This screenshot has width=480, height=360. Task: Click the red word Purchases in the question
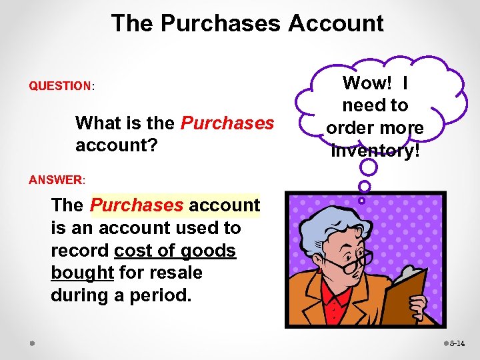227,123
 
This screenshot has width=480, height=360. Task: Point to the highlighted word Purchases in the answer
137,205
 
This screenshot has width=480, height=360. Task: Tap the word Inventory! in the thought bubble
375,151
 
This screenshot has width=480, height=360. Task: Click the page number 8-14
458,343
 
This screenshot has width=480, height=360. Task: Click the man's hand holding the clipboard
418,307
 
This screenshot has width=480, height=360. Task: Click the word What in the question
97,123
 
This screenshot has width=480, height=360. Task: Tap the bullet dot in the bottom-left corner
32,343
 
